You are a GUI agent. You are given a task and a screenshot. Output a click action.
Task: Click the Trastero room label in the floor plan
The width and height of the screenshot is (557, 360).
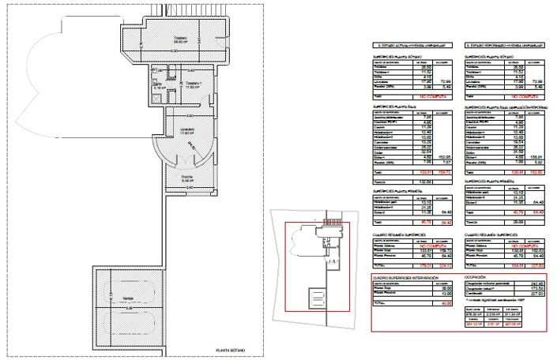[181, 39]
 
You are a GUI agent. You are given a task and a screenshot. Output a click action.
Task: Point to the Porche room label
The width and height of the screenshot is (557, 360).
[186, 176]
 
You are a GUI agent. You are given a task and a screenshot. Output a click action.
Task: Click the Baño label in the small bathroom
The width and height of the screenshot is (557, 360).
[157, 84]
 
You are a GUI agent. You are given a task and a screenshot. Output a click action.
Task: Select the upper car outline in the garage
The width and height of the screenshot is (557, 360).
[129, 276]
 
